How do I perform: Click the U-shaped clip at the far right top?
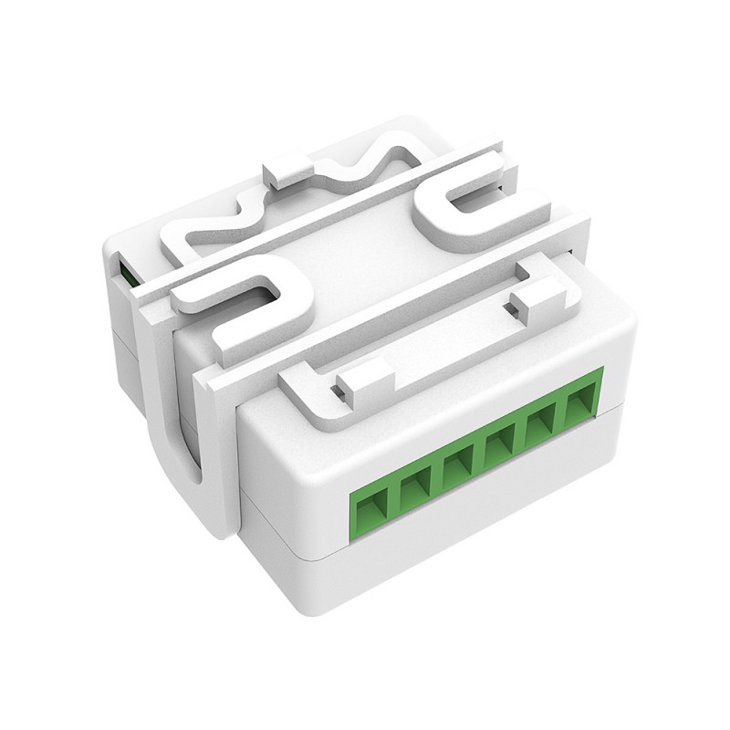(x=465, y=214)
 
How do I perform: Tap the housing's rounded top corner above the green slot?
(x=114, y=240)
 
